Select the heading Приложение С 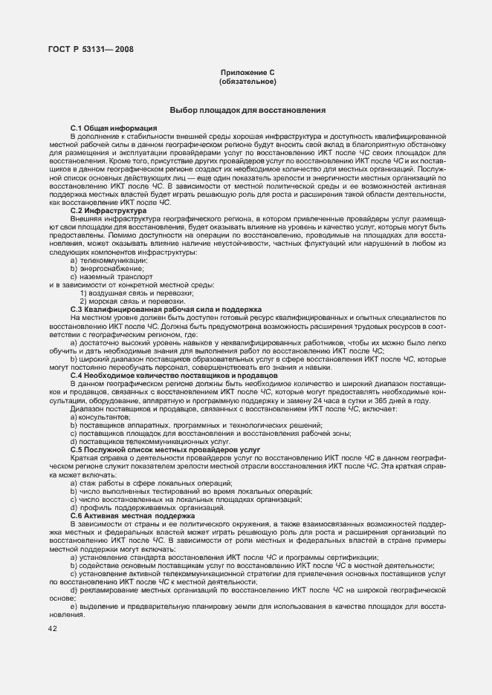click(247, 72)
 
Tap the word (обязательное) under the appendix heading click(247, 81)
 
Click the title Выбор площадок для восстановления click(247, 110)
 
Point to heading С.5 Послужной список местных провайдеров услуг click(166, 451)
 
